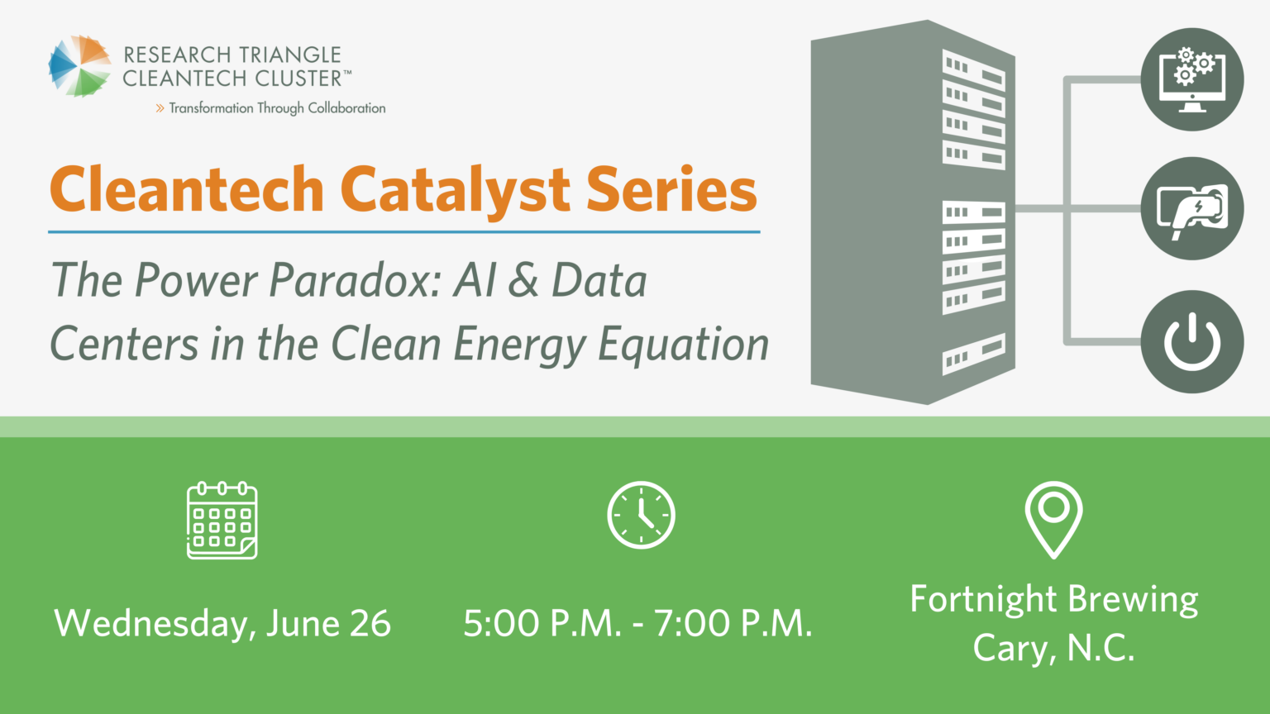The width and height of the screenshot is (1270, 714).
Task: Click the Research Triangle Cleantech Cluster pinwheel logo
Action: pyautogui.click(x=79, y=66)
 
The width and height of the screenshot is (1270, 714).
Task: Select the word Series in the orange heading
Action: pyautogui.click(x=671, y=190)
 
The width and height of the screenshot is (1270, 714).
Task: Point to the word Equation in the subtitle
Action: pyautogui.click(x=683, y=345)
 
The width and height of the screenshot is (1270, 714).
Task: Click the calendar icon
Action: pyautogui.click(x=222, y=521)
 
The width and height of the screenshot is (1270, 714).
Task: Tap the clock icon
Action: pyautogui.click(x=641, y=515)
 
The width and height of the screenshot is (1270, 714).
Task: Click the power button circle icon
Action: pyautogui.click(x=1192, y=341)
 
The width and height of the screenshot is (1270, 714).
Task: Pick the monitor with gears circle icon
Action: pyautogui.click(x=1192, y=79)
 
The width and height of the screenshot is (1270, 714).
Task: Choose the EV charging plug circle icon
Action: pyautogui.click(x=1192, y=209)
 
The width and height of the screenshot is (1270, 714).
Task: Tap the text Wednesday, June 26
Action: pyautogui.click(x=222, y=624)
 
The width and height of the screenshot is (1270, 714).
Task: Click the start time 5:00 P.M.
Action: pyautogui.click(x=542, y=624)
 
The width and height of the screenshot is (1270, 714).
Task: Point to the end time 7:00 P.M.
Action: pyautogui.click(x=733, y=624)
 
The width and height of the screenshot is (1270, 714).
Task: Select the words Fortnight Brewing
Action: pyautogui.click(x=1053, y=600)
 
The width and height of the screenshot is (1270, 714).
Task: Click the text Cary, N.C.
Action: pyautogui.click(x=1053, y=649)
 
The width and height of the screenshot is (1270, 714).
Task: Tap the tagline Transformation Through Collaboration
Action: pyautogui.click(x=276, y=108)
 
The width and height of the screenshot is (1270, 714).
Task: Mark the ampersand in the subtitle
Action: pyautogui.click(x=523, y=281)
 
